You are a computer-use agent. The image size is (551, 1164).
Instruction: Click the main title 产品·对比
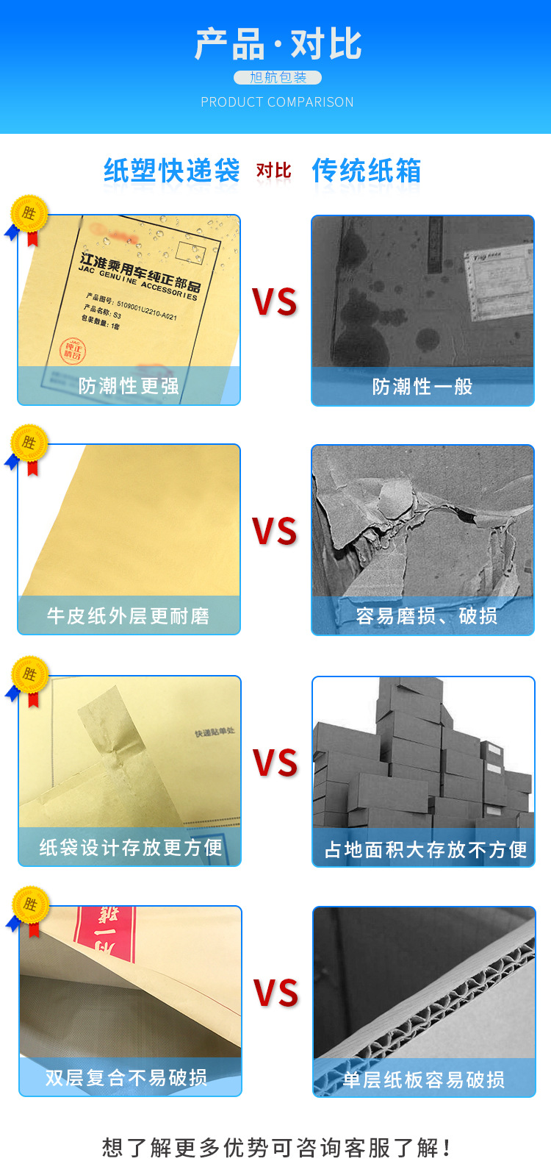[x=278, y=44]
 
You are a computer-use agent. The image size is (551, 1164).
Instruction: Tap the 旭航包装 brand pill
[x=278, y=78]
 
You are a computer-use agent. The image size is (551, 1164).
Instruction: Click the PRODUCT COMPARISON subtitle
[x=278, y=102]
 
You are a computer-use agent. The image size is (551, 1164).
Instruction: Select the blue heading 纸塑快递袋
[x=172, y=171]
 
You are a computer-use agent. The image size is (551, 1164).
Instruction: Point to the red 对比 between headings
[x=273, y=171]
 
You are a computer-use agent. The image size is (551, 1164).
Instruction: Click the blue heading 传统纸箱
[x=367, y=171]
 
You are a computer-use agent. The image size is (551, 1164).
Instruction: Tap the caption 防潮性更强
[x=129, y=386]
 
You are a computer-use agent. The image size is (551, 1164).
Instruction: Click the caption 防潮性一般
[x=422, y=387]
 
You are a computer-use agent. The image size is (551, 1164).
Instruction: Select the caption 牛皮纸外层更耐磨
[x=129, y=616]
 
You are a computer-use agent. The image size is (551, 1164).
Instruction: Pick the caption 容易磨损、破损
[x=427, y=616]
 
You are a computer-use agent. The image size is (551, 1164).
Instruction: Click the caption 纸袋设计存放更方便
[x=131, y=848]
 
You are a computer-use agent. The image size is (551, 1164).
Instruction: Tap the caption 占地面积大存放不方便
[x=426, y=850]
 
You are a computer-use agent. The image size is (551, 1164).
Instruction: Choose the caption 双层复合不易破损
[x=126, y=1078]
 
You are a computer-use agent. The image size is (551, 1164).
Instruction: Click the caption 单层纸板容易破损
[x=424, y=1079]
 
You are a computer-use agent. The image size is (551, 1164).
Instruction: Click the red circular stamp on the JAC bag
[x=72, y=351]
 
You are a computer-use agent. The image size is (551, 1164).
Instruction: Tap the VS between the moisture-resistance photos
[x=275, y=302]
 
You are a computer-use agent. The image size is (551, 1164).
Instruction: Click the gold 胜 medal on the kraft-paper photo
[x=29, y=443]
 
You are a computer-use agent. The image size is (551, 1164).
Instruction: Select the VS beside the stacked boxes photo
[x=275, y=763]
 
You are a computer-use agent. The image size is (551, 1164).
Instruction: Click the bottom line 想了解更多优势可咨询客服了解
[x=276, y=1147]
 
